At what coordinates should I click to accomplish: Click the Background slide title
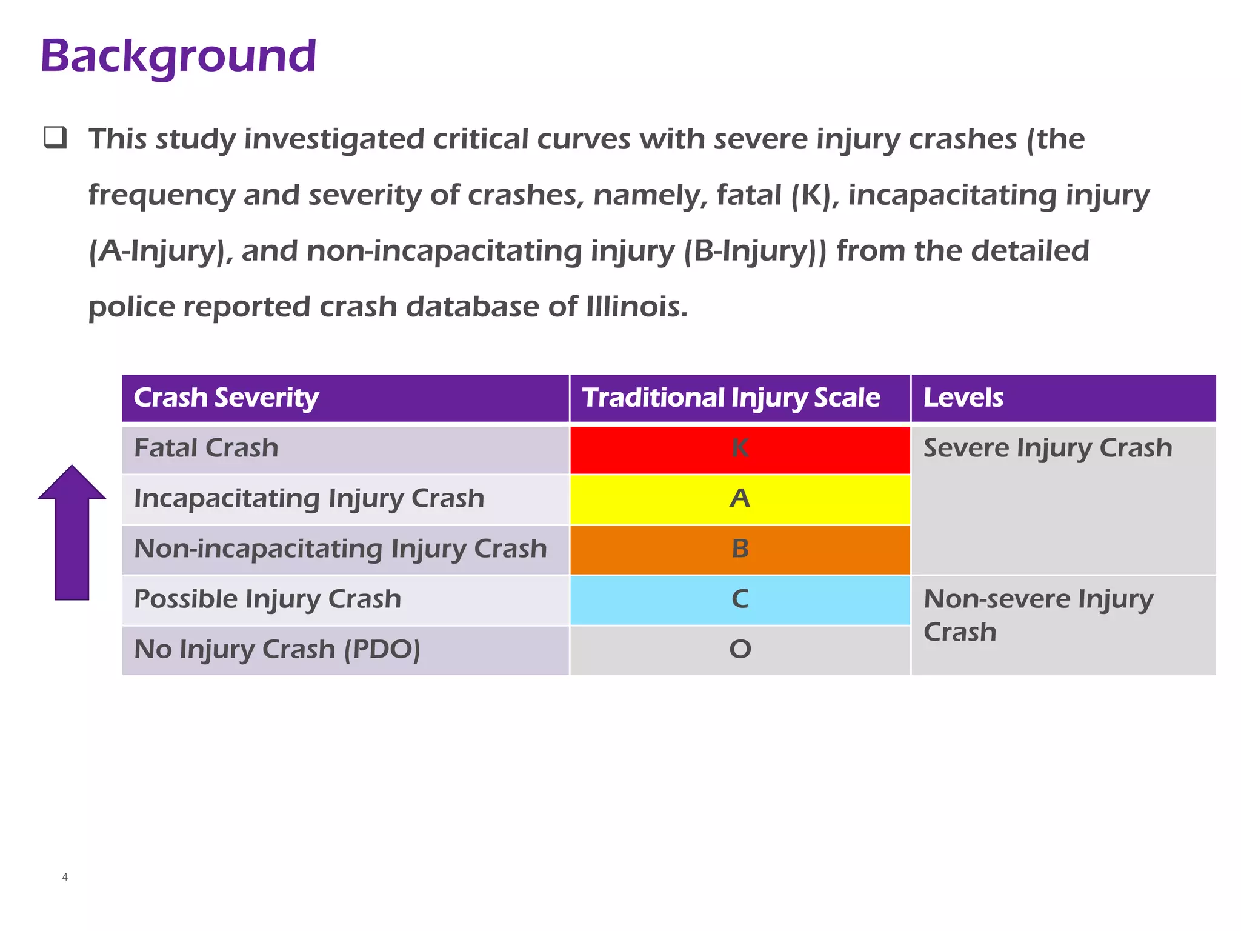pos(178,56)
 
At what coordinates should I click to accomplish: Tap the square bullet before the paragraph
pos(55,138)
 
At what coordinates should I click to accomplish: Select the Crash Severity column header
pos(225,398)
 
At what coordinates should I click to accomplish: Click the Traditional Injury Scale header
pos(731,398)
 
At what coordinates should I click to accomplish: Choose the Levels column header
pos(963,398)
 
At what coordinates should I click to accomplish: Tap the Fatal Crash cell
pos(206,449)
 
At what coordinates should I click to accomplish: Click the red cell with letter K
pos(740,449)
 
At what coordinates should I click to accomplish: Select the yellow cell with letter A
pos(740,499)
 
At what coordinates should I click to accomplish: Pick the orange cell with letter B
pos(740,549)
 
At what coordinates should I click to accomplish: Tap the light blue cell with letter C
pos(740,599)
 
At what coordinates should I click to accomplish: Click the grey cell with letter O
pos(740,650)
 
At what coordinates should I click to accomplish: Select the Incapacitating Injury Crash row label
pos(309,499)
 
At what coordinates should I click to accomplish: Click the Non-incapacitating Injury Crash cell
pos(340,549)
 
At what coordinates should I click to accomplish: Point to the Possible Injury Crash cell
pos(267,599)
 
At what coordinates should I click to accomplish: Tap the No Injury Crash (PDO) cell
pos(277,650)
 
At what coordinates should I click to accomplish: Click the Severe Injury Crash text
pos(1048,449)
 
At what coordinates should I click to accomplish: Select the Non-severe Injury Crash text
pos(1039,615)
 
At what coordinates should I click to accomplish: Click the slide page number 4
pos(65,877)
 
